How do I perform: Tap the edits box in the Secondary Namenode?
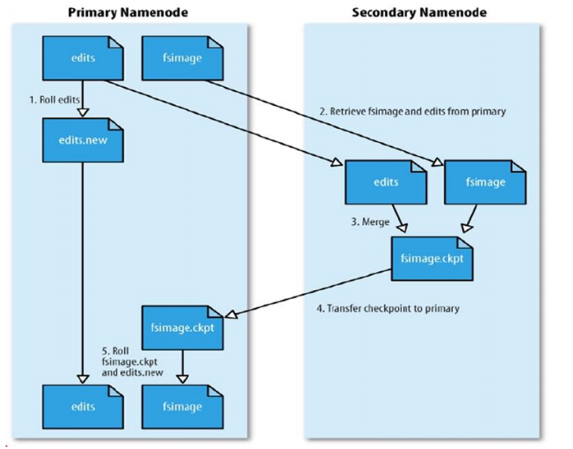(385, 182)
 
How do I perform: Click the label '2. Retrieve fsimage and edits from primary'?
(412, 111)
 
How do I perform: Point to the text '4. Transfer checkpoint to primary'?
(388, 308)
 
